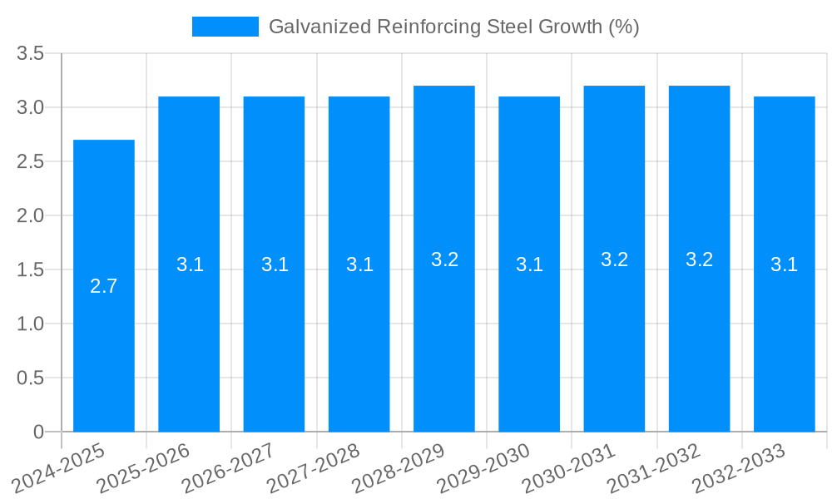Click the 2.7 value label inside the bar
tap(104, 287)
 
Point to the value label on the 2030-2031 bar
tap(614, 259)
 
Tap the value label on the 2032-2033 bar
tap(784, 264)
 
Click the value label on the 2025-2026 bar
tap(190, 264)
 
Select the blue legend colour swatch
tap(225, 27)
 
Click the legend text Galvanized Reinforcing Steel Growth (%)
tap(453, 27)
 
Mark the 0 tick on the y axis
tap(38, 432)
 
